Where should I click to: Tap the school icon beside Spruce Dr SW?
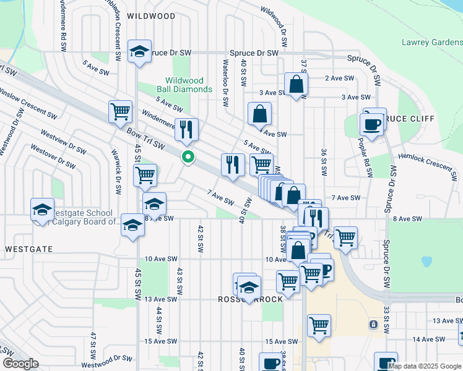(140, 51)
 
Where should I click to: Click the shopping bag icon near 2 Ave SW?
(296, 85)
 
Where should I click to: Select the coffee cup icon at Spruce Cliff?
(373, 122)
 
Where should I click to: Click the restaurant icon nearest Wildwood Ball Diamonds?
(186, 130)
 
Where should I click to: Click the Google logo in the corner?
(20, 364)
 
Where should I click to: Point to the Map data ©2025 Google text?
(425, 365)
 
